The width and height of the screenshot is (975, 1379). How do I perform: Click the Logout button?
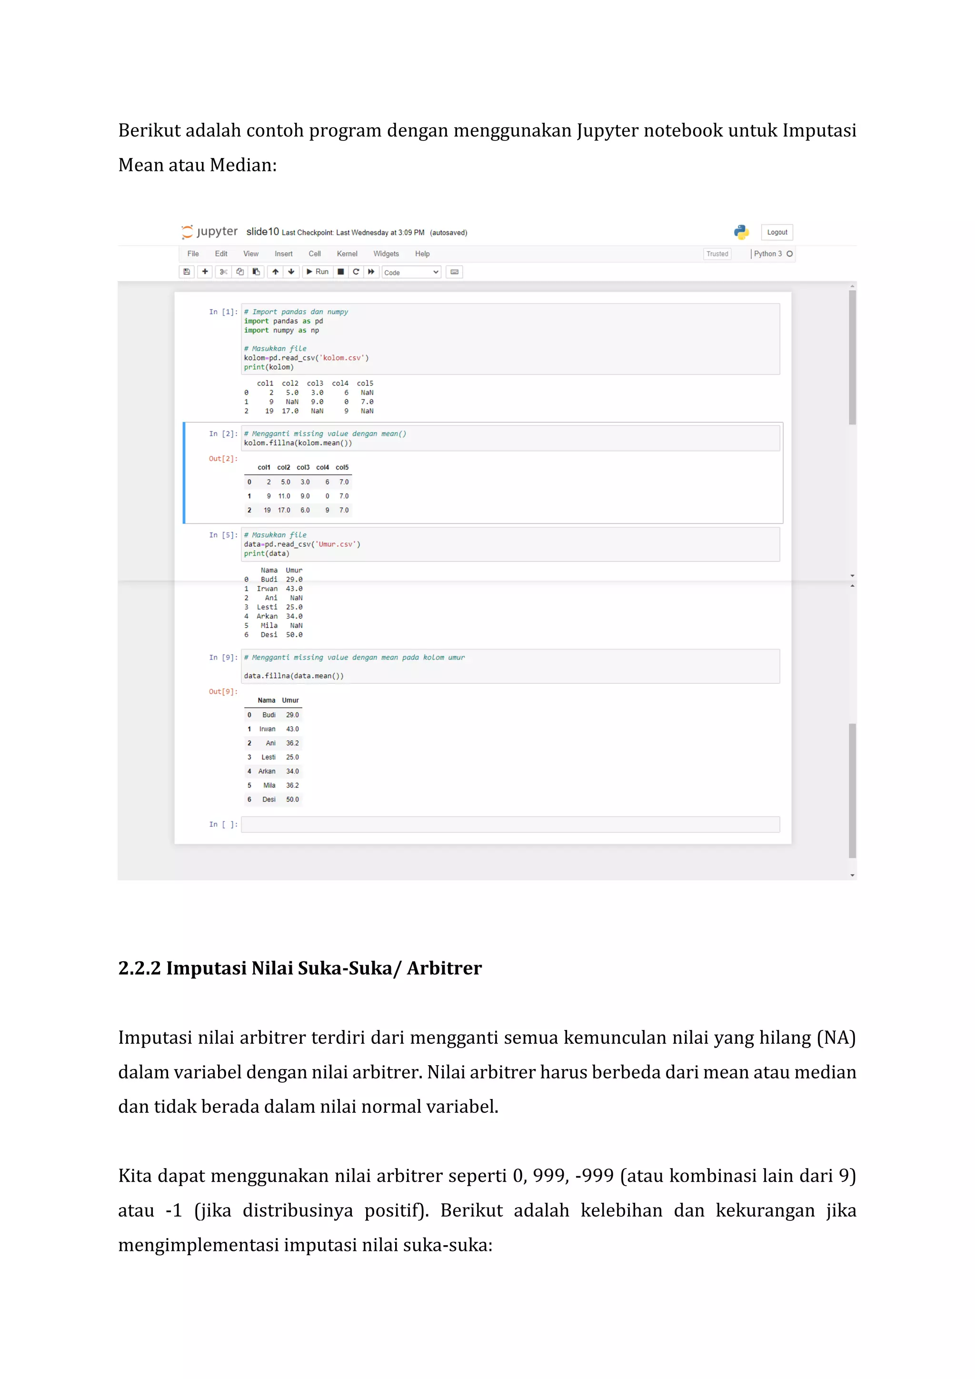[x=777, y=232]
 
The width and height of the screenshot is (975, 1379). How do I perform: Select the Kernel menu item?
[x=347, y=254]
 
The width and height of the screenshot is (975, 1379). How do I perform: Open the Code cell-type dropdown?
[x=411, y=273]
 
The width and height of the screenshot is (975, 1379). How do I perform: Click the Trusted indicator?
[x=717, y=254]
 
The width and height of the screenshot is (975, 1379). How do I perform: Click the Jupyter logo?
[x=209, y=232]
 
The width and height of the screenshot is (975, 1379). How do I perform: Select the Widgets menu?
[x=386, y=254]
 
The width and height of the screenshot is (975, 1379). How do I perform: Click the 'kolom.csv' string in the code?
[x=342, y=358]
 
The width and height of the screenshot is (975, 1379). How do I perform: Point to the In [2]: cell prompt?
[x=223, y=434]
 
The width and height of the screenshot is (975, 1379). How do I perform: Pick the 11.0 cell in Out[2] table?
[x=284, y=496]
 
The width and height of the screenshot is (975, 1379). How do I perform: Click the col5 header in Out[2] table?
[x=342, y=467]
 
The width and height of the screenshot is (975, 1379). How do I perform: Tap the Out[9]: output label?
[x=223, y=692]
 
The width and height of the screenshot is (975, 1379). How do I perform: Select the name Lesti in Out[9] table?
[x=269, y=758]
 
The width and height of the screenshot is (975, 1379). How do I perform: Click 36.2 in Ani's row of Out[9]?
[x=292, y=744]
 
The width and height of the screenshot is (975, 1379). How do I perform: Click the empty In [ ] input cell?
[x=510, y=825]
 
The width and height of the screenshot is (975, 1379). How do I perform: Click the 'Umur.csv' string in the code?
[x=338, y=545]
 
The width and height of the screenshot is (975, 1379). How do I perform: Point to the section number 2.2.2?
[x=139, y=968]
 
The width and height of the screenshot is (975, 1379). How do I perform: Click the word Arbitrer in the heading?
[x=444, y=968]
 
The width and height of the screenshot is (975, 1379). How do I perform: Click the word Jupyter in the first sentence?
[x=607, y=130]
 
